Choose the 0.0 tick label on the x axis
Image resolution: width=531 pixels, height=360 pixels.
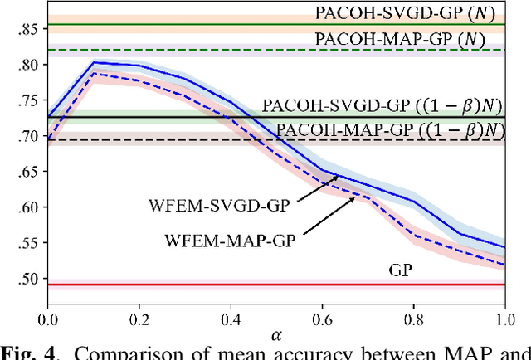click(x=48, y=319)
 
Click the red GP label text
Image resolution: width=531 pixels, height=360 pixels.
click(x=401, y=270)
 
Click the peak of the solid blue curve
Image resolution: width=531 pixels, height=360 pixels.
click(x=95, y=62)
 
